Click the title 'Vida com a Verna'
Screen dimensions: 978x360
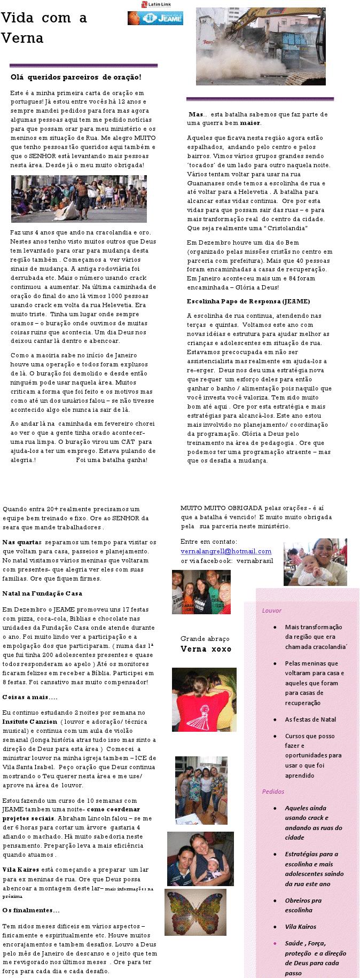(44, 28)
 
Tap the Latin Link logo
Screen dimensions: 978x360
(155, 4)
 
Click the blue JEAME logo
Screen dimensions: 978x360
(155, 18)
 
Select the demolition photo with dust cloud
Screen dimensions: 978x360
(260, 46)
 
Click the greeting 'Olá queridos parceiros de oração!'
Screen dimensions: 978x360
(76, 77)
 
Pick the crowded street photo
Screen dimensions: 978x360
(79, 198)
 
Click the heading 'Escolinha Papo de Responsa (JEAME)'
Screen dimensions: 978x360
(248, 301)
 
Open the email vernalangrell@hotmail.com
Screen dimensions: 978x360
(226, 551)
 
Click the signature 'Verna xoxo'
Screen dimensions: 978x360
(206, 648)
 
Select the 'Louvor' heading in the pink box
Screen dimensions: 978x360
(272, 610)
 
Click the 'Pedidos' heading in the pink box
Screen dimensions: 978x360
(273, 791)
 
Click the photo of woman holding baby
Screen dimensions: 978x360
(315, 561)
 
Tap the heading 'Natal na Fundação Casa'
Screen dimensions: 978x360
(42, 593)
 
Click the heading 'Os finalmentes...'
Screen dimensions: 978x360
(31, 910)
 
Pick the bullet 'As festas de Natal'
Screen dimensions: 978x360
(310, 719)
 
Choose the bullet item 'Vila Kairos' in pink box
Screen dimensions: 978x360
(300, 926)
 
